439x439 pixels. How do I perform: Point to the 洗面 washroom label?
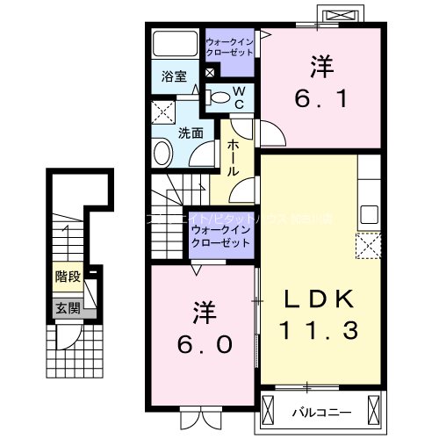[191, 133]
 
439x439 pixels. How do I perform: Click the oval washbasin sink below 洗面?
[162, 153]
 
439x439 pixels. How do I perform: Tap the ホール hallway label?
[234, 157]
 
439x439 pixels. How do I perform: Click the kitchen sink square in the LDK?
[370, 214]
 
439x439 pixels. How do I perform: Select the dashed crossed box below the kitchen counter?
[368, 243]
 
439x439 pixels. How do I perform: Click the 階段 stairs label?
[68, 277]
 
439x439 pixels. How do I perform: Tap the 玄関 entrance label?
[68, 307]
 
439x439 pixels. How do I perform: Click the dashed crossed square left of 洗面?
[162, 113]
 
